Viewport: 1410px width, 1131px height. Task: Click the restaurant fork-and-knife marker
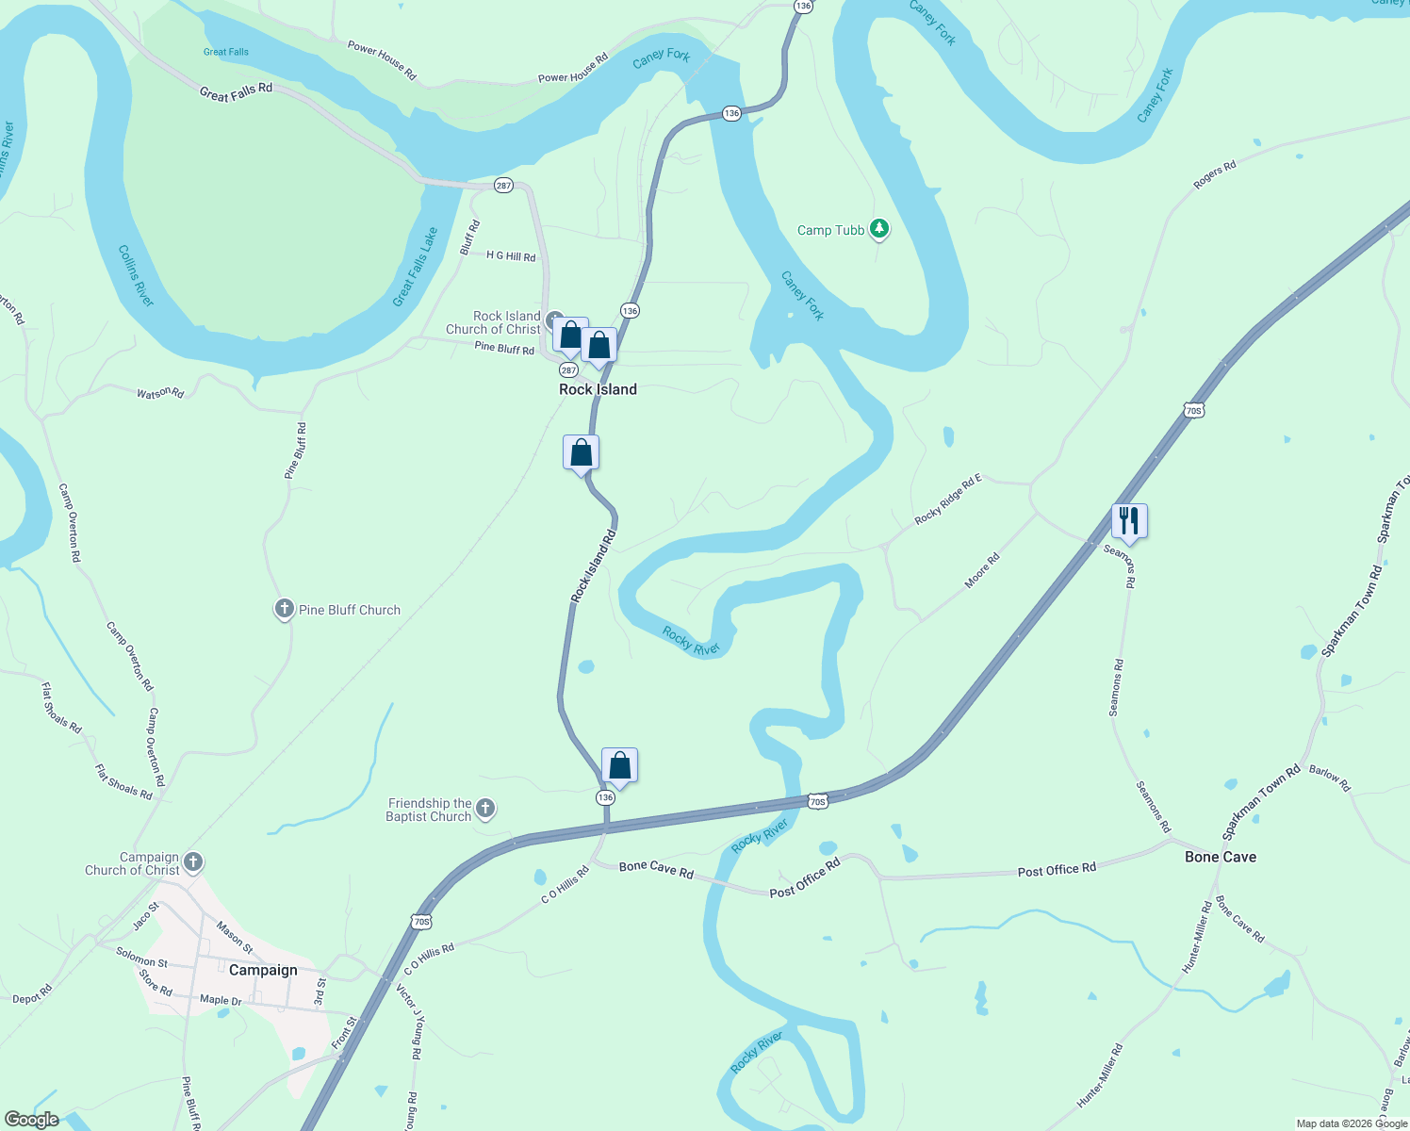(1129, 520)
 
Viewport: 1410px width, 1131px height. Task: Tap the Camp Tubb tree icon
(879, 228)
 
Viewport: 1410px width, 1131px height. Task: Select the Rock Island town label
(598, 389)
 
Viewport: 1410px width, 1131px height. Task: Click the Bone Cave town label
(1220, 857)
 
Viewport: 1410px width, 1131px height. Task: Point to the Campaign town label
(263, 970)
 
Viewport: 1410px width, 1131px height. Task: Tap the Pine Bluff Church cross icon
(284, 609)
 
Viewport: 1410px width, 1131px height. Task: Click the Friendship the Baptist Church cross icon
(485, 808)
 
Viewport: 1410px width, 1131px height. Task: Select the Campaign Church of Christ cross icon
(193, 861)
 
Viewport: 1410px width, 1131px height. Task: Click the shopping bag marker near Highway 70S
(619, 765)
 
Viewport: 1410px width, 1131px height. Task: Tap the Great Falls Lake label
(416, 267)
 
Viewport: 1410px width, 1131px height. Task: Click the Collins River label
(136, 275)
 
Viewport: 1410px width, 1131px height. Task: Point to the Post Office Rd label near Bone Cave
(1057, 869)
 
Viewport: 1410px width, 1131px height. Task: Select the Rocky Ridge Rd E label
(948, 500)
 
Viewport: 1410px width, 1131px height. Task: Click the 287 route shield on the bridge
(503, 186)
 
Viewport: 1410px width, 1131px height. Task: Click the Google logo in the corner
(32, 1120)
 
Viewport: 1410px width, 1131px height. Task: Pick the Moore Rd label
(982, 571)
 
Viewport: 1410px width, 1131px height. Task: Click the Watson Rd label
(160, 392)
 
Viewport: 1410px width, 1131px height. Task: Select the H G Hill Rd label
(511, 256)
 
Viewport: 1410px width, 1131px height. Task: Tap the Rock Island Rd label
(593, 566)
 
